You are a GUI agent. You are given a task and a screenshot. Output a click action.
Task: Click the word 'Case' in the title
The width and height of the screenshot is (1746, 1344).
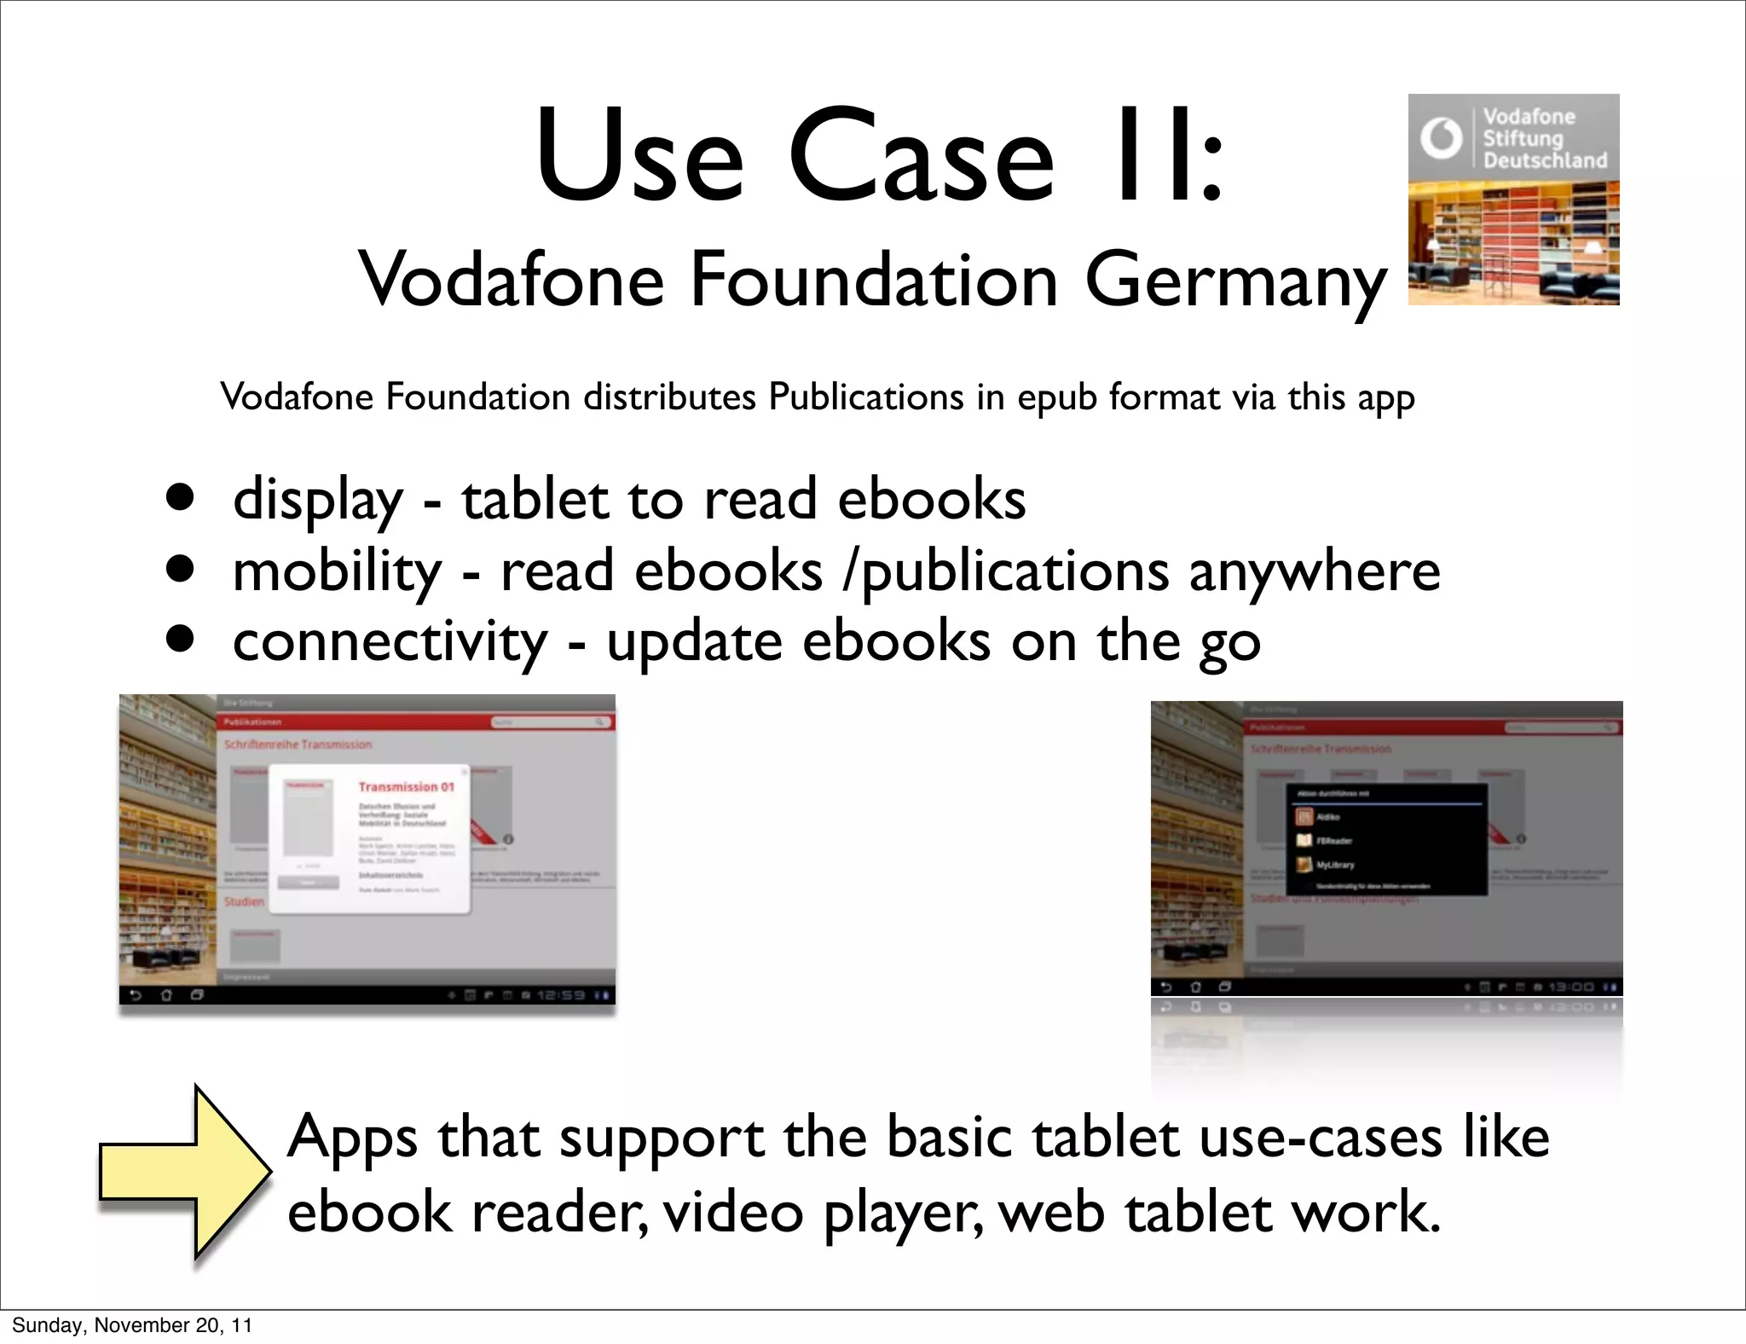tap(921, 157)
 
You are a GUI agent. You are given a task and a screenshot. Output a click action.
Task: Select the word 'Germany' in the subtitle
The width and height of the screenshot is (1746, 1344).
tap(1236, 281)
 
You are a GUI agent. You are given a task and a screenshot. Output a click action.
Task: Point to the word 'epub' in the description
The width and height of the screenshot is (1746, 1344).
tap(1056, 398)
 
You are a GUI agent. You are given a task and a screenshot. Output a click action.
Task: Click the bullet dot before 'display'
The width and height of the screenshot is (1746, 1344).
tap(180, 497)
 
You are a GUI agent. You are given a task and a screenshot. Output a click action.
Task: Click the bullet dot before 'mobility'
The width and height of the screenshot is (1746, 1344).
tap(180, 569)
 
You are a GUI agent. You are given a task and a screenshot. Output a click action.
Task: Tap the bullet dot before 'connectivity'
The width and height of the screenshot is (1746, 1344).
tap(180, 640)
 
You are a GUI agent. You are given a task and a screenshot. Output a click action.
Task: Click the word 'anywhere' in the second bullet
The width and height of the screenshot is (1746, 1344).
tap(1314, 571)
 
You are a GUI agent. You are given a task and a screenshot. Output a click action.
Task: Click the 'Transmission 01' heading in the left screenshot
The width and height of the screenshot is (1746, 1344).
tap(406, 786)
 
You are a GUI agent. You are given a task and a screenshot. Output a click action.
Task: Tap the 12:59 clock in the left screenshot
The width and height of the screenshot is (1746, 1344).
tap(561, 995)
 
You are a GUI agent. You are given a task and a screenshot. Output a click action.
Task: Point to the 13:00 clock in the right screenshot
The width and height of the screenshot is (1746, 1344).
tap(1570, 987)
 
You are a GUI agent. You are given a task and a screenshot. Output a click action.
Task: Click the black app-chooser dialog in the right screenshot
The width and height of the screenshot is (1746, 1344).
tap(1386, 840)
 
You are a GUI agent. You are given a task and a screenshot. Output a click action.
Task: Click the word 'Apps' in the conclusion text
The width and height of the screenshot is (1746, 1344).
tap(352, 1138)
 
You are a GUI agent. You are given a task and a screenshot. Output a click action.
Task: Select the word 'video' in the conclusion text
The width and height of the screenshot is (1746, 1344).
tap(732, 1212)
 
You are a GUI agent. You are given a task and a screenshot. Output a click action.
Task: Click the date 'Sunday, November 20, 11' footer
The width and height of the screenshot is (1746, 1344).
tap(132, 1325)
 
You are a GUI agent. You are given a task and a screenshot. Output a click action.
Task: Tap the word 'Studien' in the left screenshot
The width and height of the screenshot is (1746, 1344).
tap(244, 901)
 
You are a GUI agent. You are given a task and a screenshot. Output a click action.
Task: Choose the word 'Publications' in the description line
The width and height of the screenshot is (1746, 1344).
tap(865, 397)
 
